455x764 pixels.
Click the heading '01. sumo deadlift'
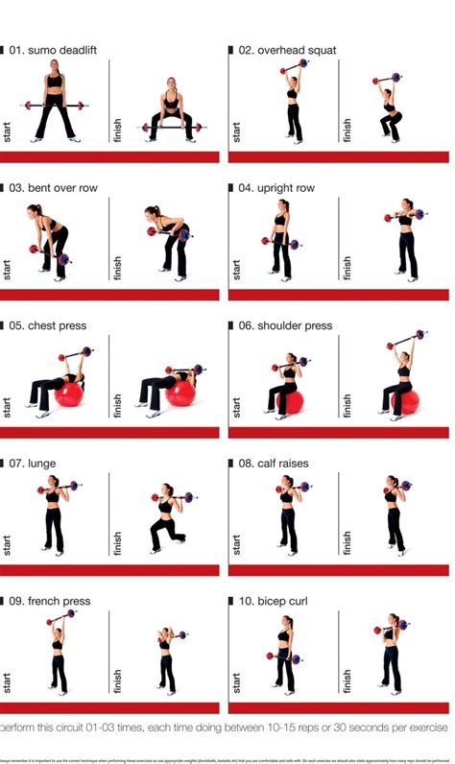[54, 50]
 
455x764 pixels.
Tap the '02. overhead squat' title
[287, 50]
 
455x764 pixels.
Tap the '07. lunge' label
[36, 464]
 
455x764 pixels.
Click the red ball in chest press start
[69, 394]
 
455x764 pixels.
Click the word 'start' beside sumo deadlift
[8, 132]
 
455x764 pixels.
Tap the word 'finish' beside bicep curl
[347, 680]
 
